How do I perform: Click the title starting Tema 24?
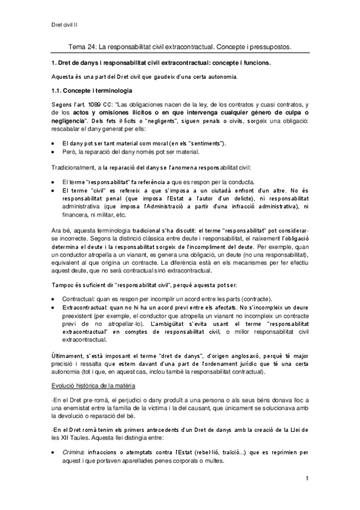click(180, 46)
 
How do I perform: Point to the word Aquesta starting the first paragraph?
click(65, 77)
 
